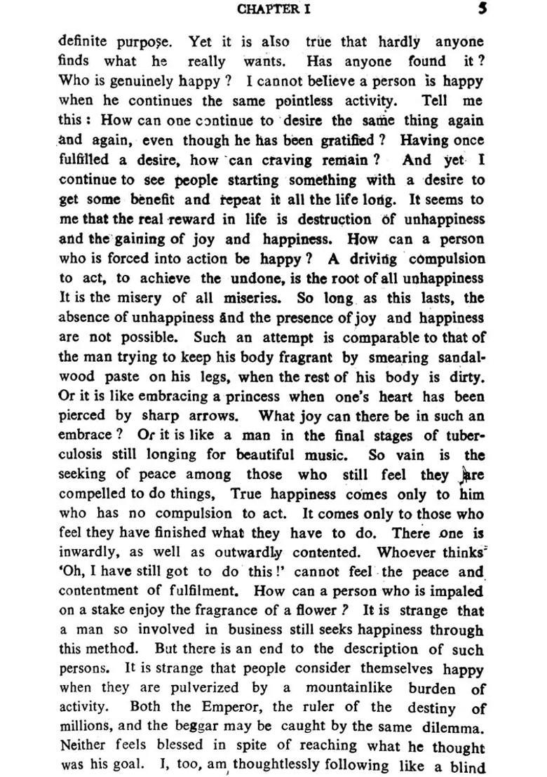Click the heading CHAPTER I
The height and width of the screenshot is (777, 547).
[x=273, y=9]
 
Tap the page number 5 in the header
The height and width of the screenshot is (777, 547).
[x=482, y=9]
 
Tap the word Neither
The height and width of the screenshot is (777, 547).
[x=85, y=748]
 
